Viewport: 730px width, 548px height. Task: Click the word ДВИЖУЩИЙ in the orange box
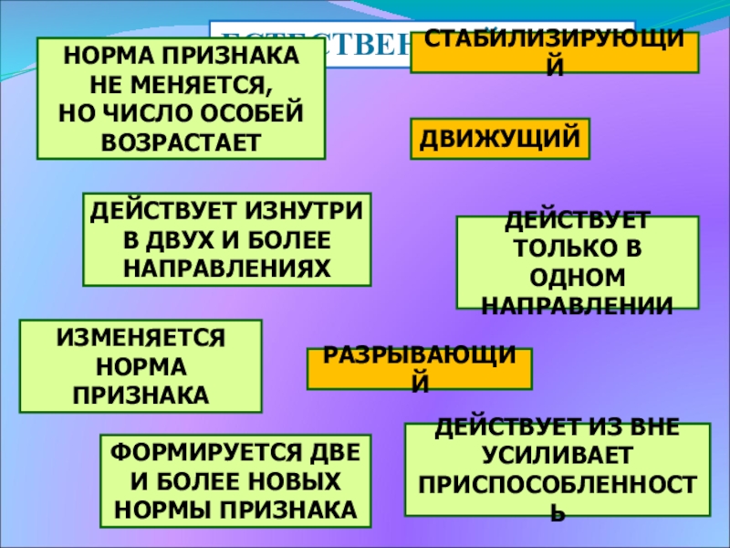pos(499,139)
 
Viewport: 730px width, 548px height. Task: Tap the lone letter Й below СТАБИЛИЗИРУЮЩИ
pos(555,67)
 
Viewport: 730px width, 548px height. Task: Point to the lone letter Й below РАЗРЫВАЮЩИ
pos(419,384)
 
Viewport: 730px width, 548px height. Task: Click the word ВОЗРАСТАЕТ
pos(181,142)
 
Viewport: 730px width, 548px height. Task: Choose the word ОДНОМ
pos(578,276)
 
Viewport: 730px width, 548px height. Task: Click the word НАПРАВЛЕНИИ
pos(578,304)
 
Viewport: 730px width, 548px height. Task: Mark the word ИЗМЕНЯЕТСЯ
pos(141,338)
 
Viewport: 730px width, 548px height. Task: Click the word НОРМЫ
pos(153,509)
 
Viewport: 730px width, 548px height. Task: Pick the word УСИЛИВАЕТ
pos(558,452)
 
